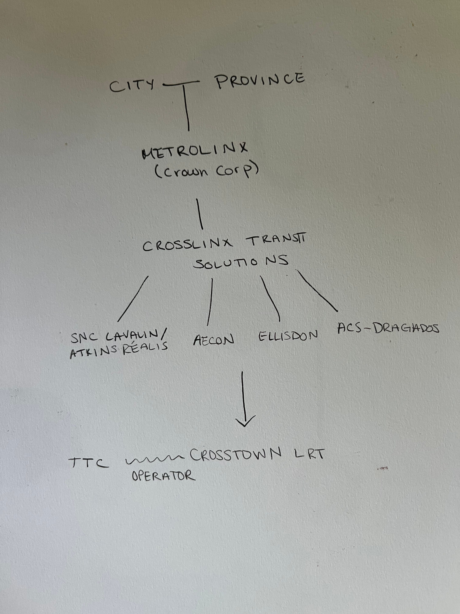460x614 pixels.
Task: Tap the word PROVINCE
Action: (x=260, y=80)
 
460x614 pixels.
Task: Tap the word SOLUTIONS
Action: (x=241, y=262)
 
